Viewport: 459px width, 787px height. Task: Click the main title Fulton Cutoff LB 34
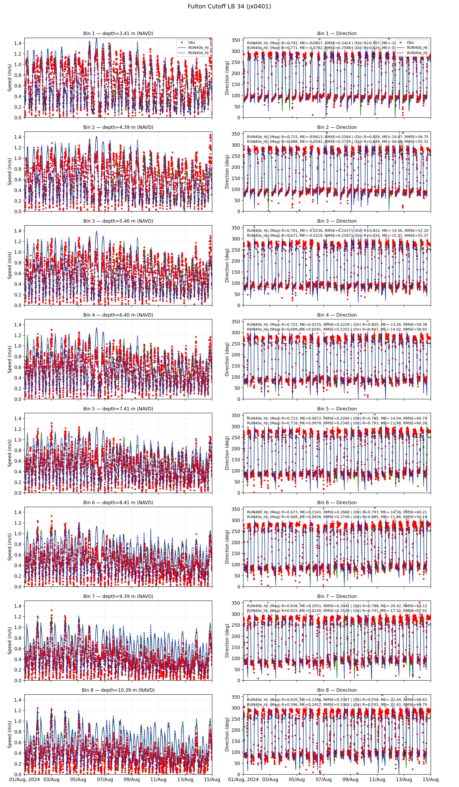coord(229,6)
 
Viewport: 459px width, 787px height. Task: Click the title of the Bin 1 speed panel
coord(118,33)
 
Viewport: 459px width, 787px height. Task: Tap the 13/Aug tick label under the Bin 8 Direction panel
coord(404,779)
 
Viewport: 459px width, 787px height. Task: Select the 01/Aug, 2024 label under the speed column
coord(25,779)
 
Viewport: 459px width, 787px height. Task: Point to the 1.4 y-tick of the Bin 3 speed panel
coord(18,231)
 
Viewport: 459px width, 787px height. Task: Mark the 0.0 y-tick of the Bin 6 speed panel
coord(18,586)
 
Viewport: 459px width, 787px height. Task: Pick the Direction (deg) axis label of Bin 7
coord(227,641)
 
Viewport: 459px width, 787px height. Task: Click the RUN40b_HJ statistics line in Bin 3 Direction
coord(337,231)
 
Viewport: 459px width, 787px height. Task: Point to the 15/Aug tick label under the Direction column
coord(431,779)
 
